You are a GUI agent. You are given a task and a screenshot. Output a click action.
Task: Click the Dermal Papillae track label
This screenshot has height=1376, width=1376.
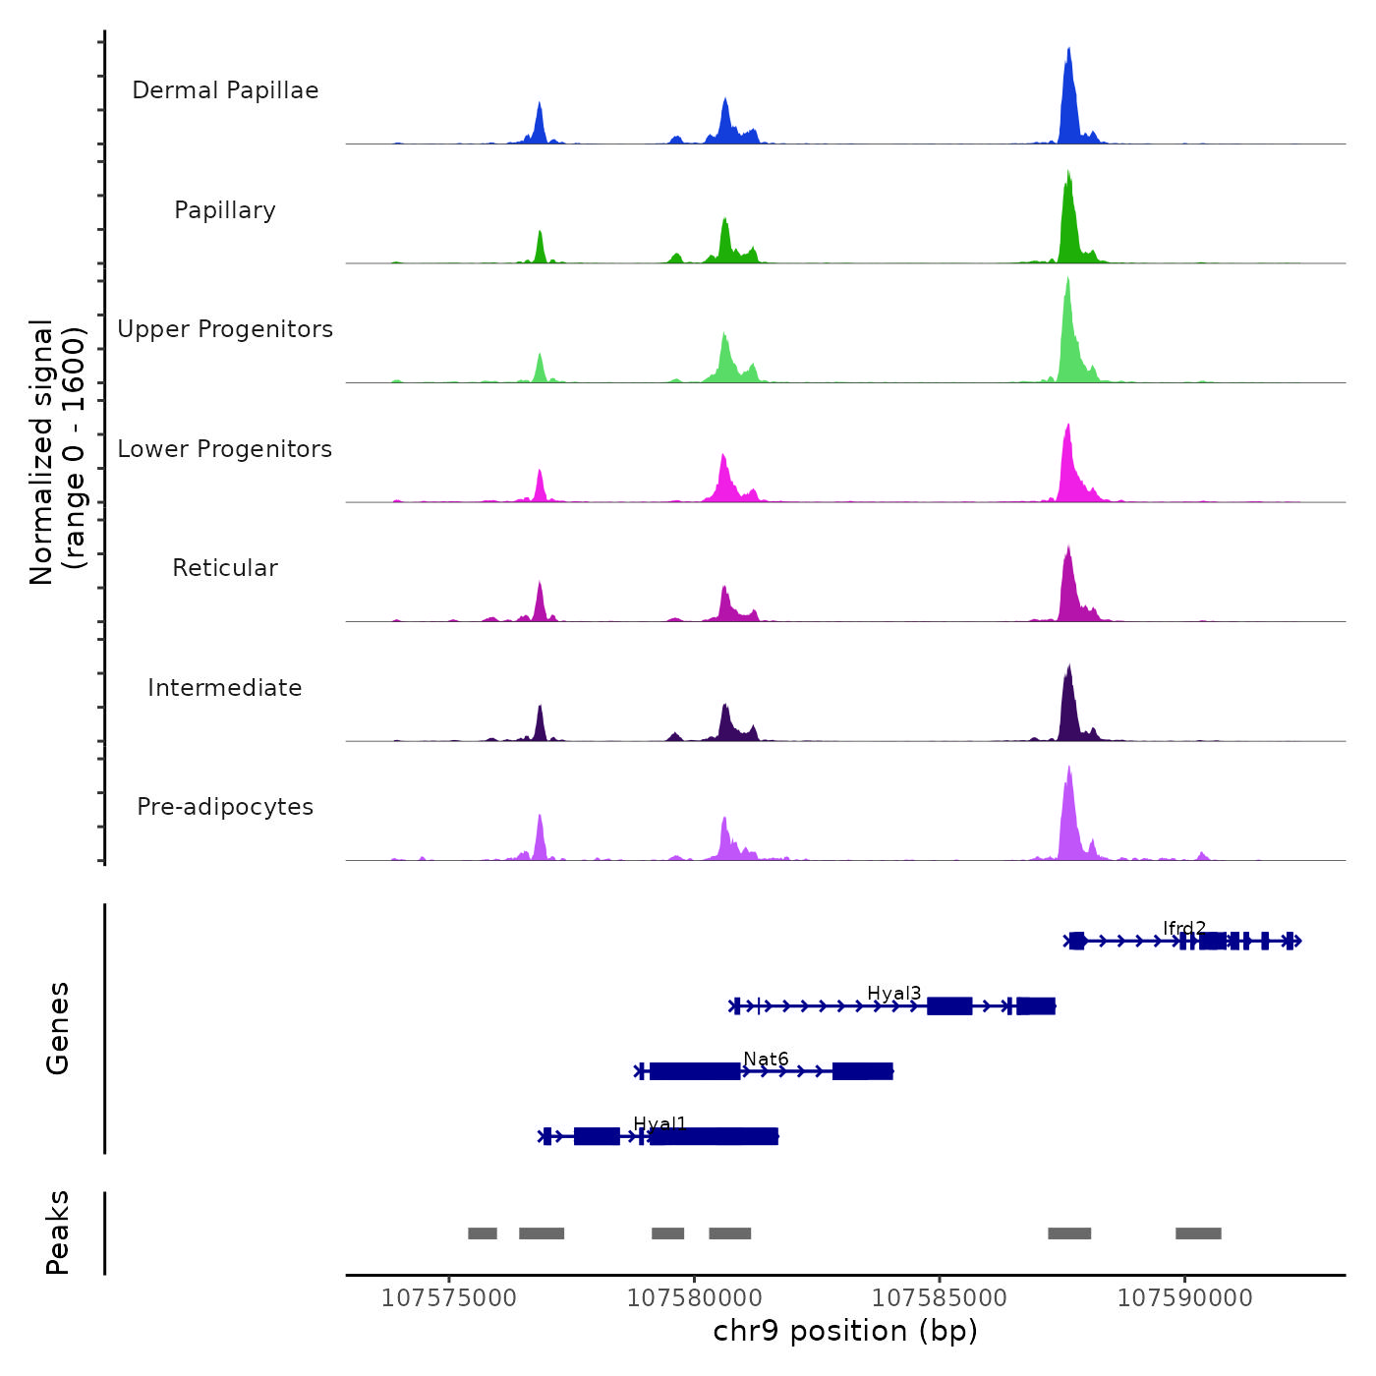pos(225,90)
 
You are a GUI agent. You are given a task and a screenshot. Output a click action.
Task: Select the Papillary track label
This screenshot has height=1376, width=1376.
pos(225,210)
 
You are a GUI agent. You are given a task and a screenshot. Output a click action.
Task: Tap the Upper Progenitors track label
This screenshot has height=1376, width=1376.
pos(225,329)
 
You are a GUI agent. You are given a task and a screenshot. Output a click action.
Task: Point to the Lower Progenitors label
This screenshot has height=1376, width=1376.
pos(225,449)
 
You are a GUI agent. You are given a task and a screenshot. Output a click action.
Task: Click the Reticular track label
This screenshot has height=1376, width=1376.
pos(225,568)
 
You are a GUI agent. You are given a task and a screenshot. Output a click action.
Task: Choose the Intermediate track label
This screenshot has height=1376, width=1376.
pos(225,688)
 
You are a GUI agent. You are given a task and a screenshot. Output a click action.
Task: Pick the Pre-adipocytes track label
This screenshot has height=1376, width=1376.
pos(225,807)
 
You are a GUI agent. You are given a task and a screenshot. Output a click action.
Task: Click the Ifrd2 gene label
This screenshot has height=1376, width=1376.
pos(1183,928)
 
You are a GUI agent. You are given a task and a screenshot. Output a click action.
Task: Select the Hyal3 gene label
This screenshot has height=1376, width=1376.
pos(893,994)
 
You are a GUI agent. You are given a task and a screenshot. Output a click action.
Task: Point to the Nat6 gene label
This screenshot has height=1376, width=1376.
pos(766,1059)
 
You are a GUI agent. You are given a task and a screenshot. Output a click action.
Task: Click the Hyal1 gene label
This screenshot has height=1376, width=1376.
pos(659,1123)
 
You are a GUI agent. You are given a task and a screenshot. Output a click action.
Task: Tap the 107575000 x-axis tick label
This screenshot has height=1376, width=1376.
pos(448,1298)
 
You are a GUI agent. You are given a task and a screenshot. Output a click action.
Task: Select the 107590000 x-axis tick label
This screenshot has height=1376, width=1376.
pos(1184,1298)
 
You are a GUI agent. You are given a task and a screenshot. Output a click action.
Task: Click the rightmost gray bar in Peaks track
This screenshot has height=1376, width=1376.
pos(1198,1233)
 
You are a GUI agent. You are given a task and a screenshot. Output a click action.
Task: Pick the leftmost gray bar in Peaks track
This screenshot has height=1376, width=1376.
pos(483,1233)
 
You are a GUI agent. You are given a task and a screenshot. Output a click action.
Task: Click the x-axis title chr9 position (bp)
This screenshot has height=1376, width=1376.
pos(845,1331)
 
